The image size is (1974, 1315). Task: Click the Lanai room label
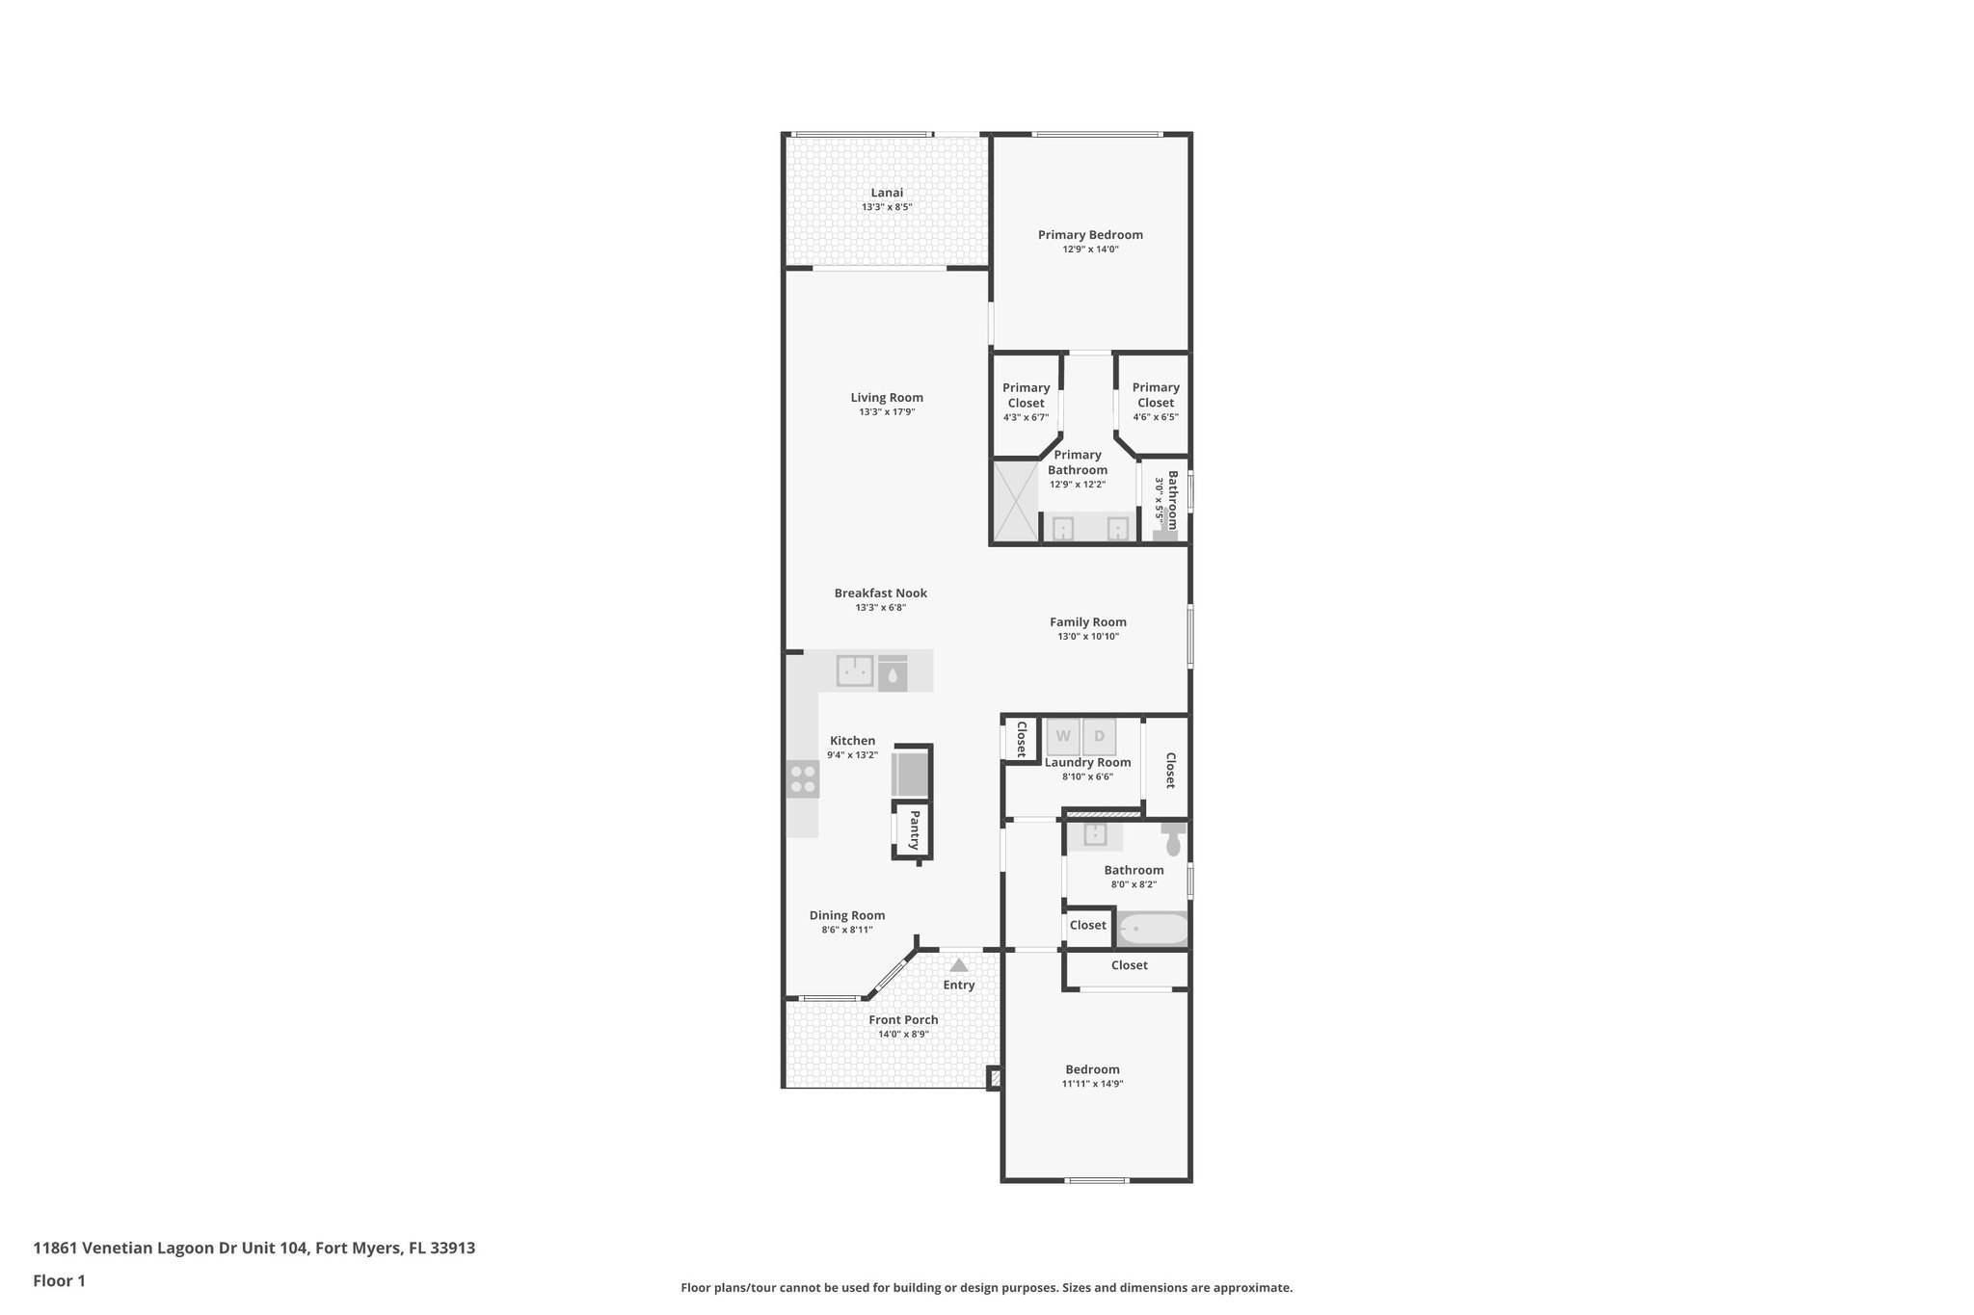(x=887, y=193)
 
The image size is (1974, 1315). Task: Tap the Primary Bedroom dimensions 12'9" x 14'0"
(x=1090, y=250)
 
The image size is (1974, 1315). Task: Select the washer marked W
(x=1063, y=736)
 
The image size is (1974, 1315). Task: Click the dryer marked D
(x=1099, y=736)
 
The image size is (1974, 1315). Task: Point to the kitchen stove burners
(x=802, y=778)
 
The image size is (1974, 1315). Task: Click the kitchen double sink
(x=854, y=670)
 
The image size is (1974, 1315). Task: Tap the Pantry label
(x=914, y=829)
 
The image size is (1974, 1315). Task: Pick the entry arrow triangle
(x=958, y=964)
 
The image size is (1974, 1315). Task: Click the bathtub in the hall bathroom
(x=1152, y=929)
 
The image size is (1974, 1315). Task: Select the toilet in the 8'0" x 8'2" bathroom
(x=1173, y=841)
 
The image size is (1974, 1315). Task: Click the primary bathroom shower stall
(x=1015, y=500)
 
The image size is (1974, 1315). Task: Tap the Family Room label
(x=1087, y=622)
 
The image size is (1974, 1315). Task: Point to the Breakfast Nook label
(x=880, y=593)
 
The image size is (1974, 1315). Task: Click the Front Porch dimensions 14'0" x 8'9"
(x=903, y=1035)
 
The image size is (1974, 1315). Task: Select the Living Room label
(x=887, y=398)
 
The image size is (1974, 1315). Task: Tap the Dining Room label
(x=846, y=916)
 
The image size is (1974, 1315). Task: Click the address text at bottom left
(x=253, y=1248)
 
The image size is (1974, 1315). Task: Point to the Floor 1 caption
(x=59, y=1280)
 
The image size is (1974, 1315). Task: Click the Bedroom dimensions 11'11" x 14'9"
(x=1092, y=1084)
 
